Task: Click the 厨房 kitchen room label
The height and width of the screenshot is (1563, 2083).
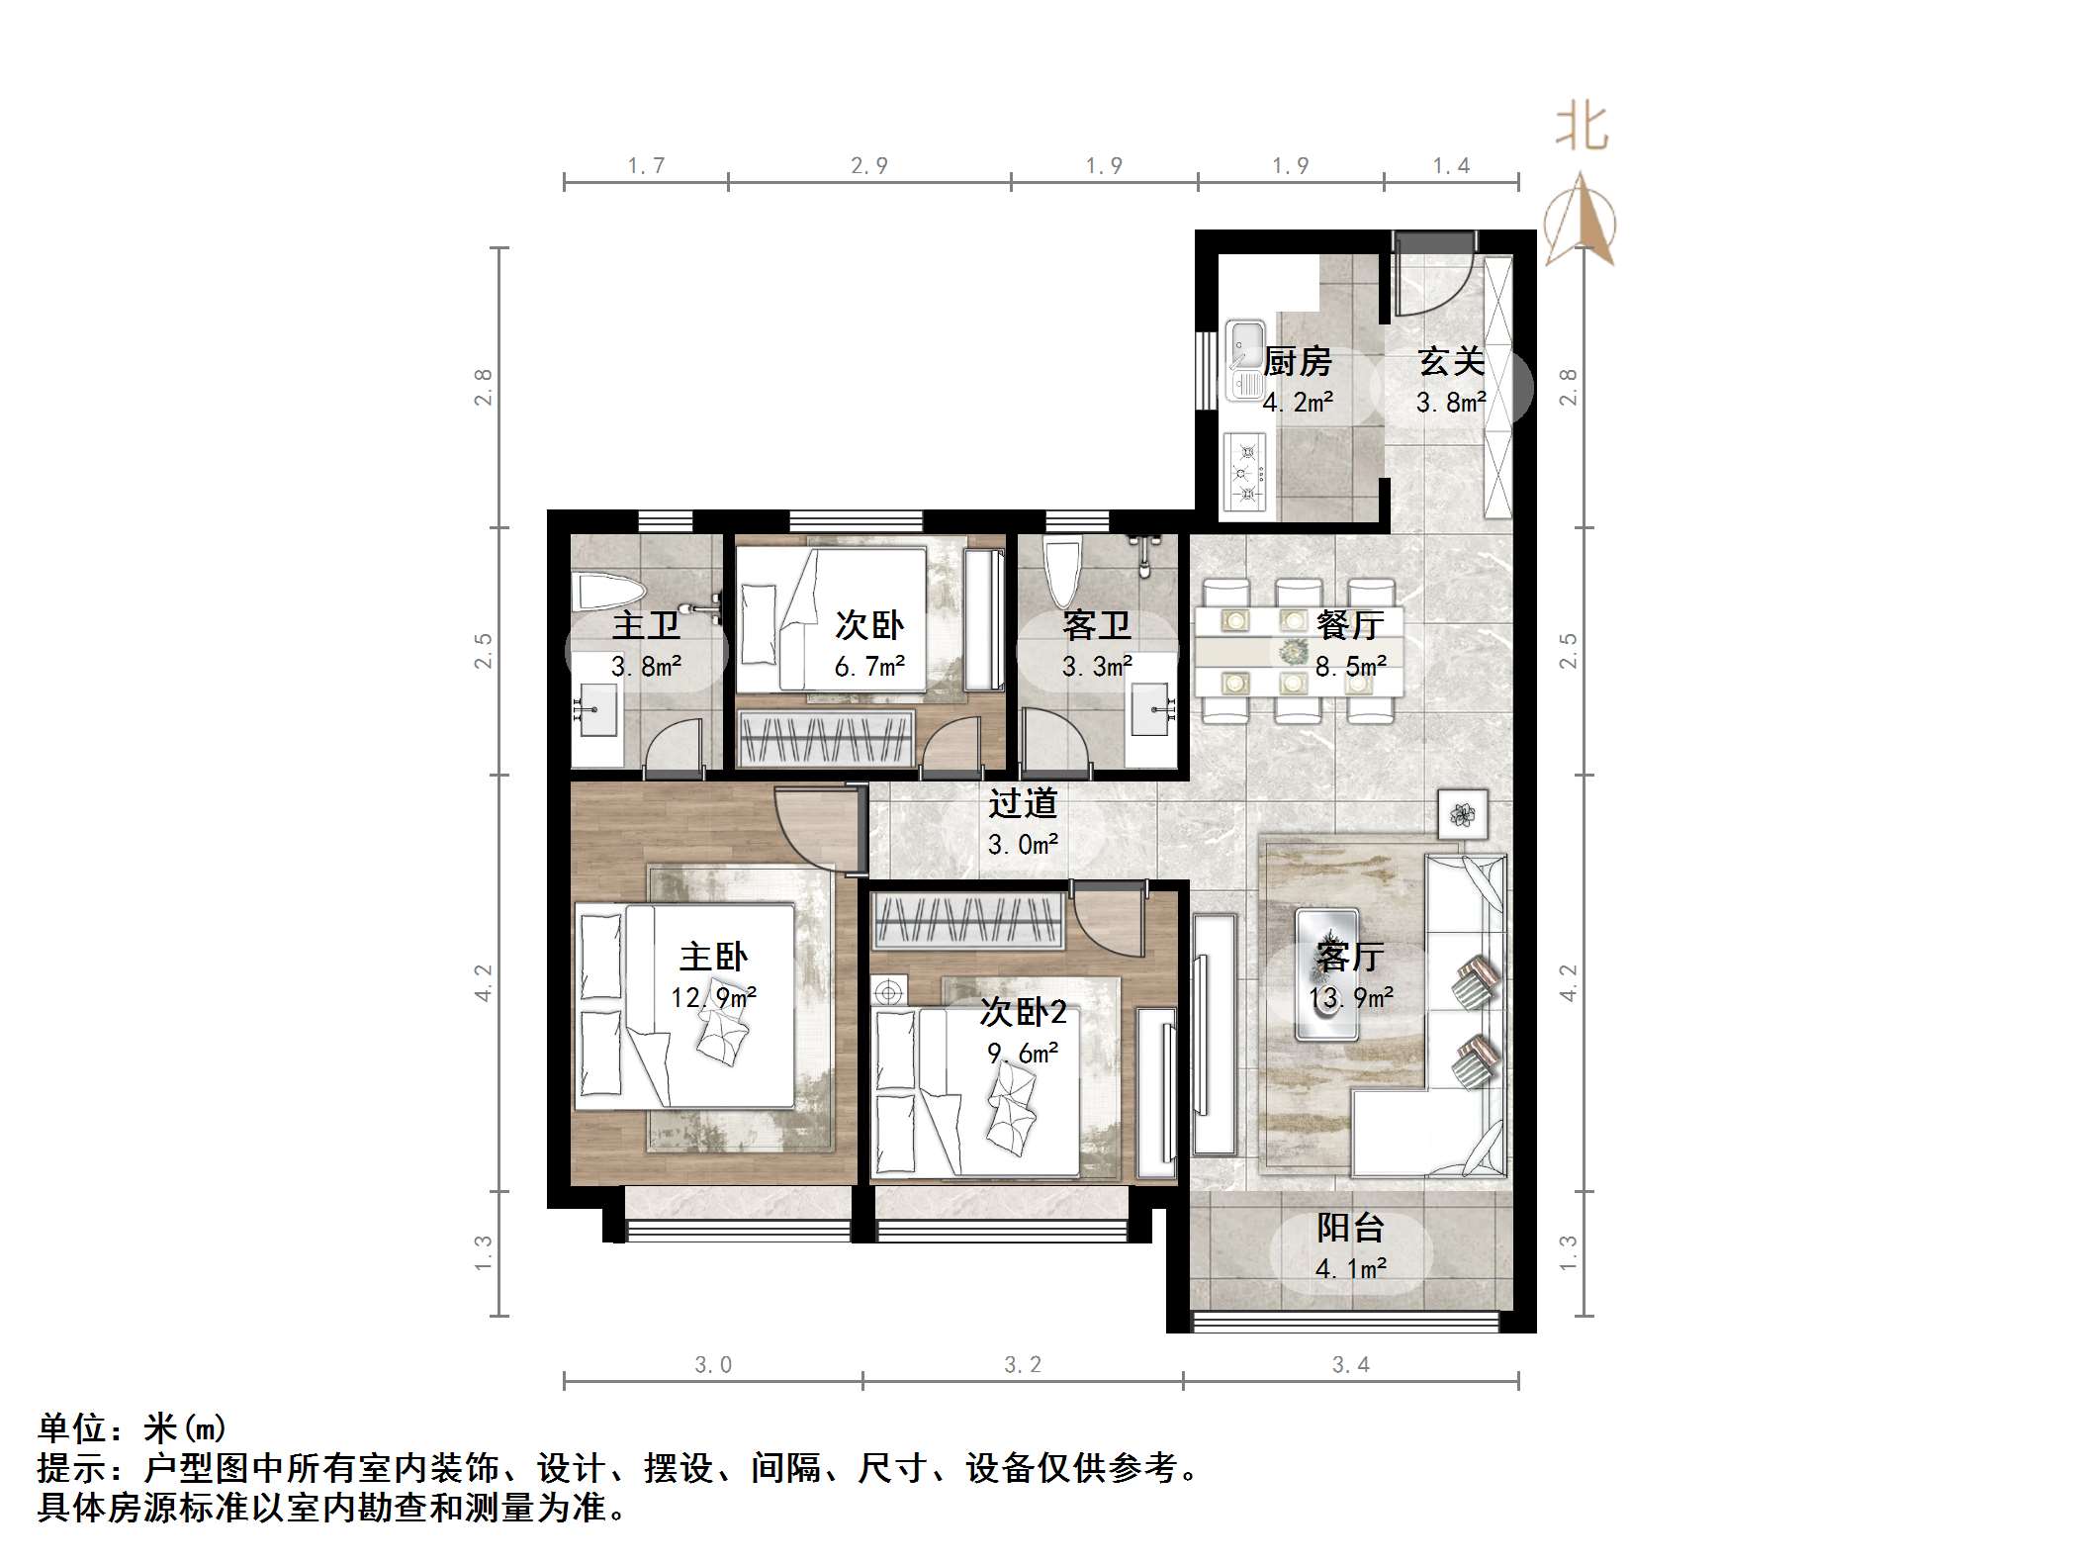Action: tap(1297, 362)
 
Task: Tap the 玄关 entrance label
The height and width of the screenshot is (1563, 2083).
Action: tap(1451, 362)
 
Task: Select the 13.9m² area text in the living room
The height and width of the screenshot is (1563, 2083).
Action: tap(1350, 998)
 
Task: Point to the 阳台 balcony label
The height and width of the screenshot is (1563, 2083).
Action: tap(1350, 1228)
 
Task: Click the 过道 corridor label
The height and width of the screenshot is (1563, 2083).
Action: tap(1023, 803)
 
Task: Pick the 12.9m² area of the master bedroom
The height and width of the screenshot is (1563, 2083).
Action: tap(713, 997)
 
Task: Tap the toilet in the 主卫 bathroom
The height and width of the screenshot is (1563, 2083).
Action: tap(610, 593)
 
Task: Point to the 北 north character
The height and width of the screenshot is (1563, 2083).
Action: tap(1582, 129)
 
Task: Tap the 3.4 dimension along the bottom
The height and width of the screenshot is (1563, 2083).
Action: tap(1350, 1365)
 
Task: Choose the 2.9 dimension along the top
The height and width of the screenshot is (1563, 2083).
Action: tap(869, 166)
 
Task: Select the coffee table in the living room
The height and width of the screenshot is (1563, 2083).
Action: tap(1326, 974)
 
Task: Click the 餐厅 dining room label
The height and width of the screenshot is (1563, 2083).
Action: tap(1350, 624)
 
